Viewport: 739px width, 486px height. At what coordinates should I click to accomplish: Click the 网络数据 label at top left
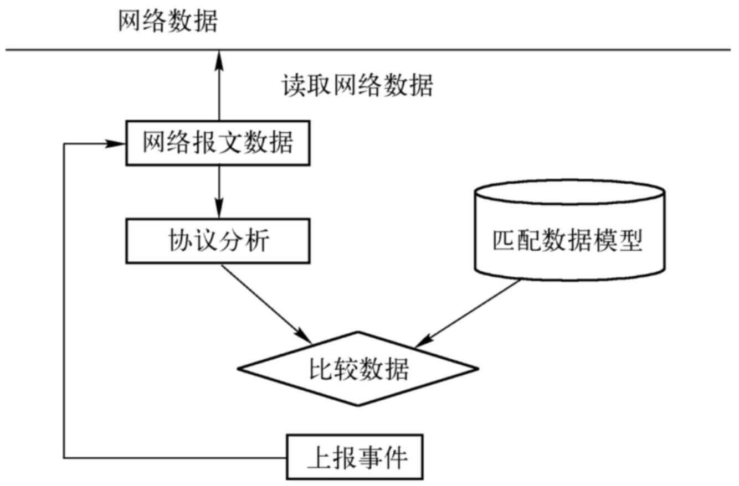click(x=168, y=22)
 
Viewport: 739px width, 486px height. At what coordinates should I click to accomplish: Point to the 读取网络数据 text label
click(x=357, y=86)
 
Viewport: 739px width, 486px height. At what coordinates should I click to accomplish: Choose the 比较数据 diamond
click(x=358, y=369)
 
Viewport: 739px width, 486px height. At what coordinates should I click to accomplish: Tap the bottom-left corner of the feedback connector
click(x=64, y=458)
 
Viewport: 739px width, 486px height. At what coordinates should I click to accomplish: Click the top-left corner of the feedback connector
click(x=64, y=144)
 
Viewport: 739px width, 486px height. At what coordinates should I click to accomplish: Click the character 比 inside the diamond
click(x=321, y=369)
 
